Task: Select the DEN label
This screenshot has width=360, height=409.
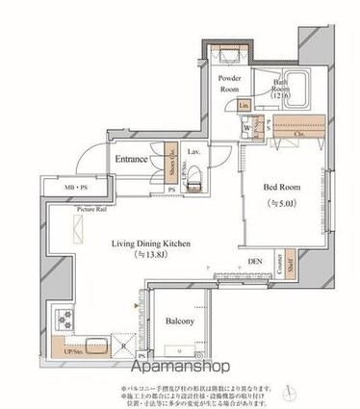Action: pos(255,260)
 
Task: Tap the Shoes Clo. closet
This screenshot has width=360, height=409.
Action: pos(172,158)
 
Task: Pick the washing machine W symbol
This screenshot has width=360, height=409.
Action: pos(248,125)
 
